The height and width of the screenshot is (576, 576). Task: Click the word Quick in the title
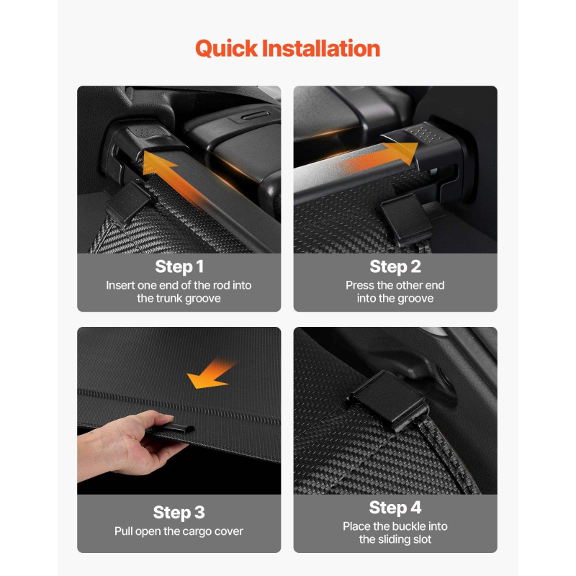click(226, 48)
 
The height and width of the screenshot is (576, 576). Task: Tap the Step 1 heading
click(179, 267)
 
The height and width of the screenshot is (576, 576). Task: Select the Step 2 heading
click(395, 267)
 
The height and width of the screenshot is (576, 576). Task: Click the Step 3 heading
click(179, 513)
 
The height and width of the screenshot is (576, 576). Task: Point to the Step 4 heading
click(395, 508)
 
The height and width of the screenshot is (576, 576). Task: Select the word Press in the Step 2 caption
click(360, 285)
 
